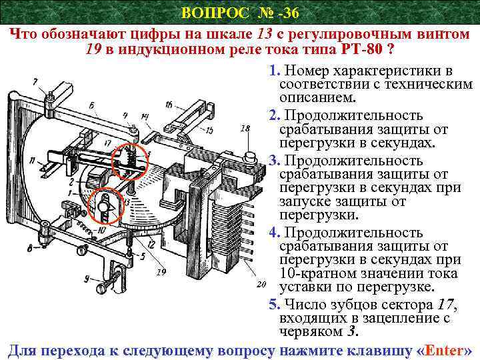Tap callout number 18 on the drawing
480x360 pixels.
click(246, 127)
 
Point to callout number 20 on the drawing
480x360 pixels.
click(261, 285)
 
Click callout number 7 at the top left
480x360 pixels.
click(34, 81)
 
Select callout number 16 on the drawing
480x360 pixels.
click(168, 104)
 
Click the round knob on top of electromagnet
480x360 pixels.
click(251, 157)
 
